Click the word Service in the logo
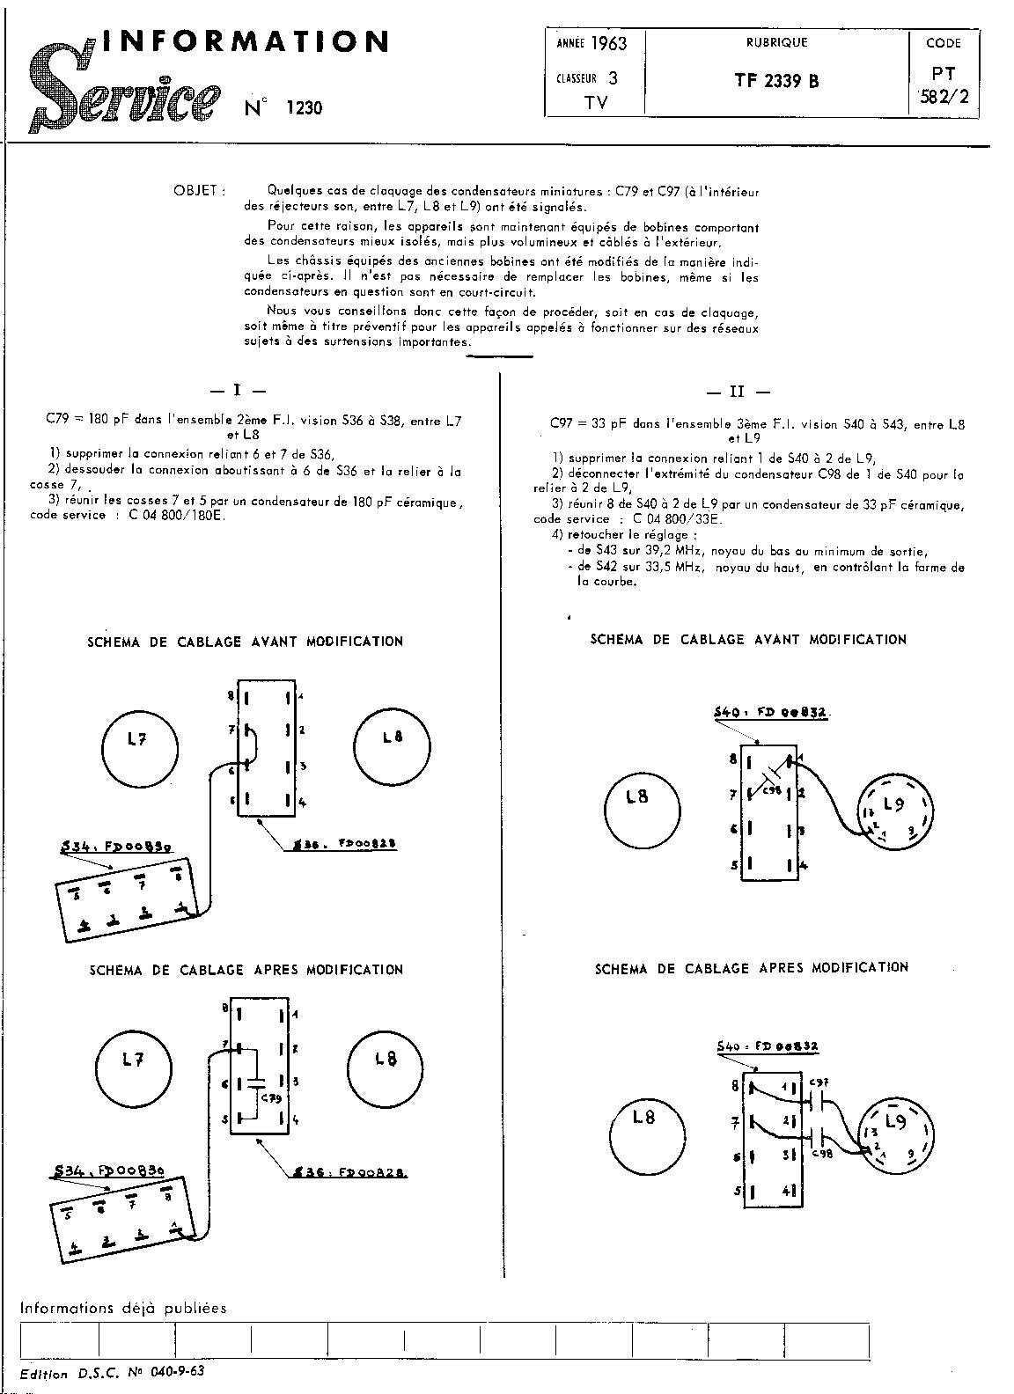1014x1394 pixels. click(123, 97)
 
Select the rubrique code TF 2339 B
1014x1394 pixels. click(776, 80)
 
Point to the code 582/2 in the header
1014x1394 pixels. click(943, 98)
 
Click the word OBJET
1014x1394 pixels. click(199, 190)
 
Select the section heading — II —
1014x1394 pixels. click(738, 393)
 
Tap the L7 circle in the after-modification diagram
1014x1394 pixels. click(132, 1062)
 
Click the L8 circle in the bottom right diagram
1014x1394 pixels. click(645, 1117)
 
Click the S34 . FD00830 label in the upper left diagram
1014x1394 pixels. click(116, 847)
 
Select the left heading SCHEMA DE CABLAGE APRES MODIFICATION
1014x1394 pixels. click(246, 970)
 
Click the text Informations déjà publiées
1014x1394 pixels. click(123, 1308)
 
